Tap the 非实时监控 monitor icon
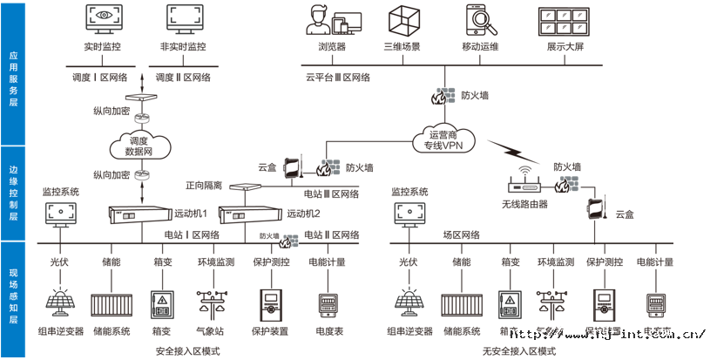coord(183,19)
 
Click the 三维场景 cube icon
coord(402,19)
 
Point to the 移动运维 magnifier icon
coord(477,19)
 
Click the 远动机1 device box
coord(138,213)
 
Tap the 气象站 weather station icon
coord(212,305)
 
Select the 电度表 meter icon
coord(327,304)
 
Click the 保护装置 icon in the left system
coord(269,304)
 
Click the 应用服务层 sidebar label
coord(12,77)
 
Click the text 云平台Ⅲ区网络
coord(338,77)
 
